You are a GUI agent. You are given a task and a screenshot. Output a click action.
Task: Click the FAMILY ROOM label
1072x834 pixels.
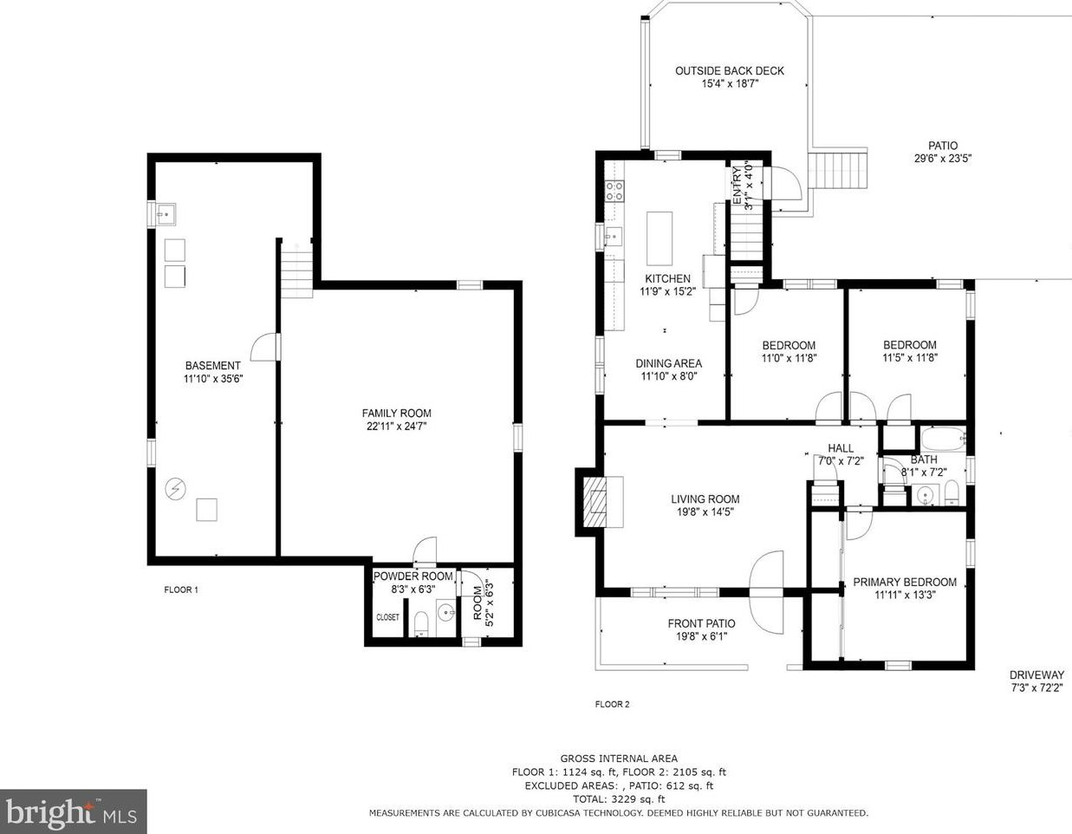pyautogui.click(x=396, y=413)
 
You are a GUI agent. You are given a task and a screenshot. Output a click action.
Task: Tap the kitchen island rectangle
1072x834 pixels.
pyautogui.click(x=659, y=239)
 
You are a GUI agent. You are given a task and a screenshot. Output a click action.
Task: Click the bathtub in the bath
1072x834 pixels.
pyautogui.click(x=943, y=440)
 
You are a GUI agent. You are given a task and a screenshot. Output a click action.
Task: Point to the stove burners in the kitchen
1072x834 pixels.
pyautogui.click(x=614, y=191)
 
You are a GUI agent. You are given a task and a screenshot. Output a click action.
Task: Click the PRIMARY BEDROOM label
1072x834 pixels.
pyautogui.click(x=905, y=583)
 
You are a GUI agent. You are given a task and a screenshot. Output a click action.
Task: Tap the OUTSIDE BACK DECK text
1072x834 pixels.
pyautogui.click(x=729, y=71)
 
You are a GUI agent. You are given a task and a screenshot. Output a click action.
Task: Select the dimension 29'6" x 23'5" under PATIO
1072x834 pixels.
pyautogui.click(x=943, y=159)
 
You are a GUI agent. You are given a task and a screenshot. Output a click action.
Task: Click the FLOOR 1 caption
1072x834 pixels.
pyautogui.click(x=181, y=590)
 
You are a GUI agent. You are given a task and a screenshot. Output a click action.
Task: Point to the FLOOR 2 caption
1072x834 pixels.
pyautogui.click(x=612, y=704)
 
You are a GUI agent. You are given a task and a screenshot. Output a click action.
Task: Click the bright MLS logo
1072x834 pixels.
pyautogui.click(x=72, y=811)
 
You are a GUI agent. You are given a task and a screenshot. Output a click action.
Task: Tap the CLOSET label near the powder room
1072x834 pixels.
pyautogui.click(x=387, y=617)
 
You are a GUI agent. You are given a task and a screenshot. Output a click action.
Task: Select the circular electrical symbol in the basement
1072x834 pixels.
pyautogui.click(x=175, y=489)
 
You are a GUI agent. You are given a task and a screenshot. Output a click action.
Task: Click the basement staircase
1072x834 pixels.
pyautogui.click(x=297, y=274)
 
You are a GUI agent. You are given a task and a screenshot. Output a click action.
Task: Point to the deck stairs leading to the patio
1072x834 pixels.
pyautogui.click(x=838, y=170)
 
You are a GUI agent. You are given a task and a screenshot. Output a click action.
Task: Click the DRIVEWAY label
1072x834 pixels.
pyautogui.click(x=1036, y=674)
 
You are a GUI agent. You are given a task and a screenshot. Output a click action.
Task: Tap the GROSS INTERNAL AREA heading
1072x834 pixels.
pyautogui.click(x=619, y=759)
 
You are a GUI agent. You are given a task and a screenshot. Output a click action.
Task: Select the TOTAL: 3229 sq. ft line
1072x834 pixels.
pyautogui.click(x=619, y=799)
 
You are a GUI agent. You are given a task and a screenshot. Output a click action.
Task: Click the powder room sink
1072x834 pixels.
pyautogui.click(x=447, y=614)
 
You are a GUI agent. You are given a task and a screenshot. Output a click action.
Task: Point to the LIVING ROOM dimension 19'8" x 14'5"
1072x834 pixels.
pyautogui.click(x=705, y=512)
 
